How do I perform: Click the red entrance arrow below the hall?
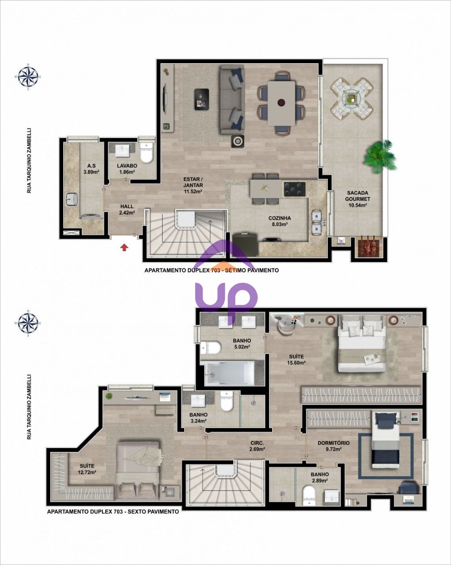pyautogui.click(x=124, y=247)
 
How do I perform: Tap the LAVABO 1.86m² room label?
pyautogui.click(x=127, y=169)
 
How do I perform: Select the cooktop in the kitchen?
pyautogui.click(x=295, y=189)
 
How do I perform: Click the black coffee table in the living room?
pyautogui.click(x=201, y=99)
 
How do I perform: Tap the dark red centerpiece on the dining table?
pyautogui.click(x=281, y=102)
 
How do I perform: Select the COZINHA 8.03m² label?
pyautogui.click(x=279, y=221)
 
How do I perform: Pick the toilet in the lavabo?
pyautogui.click(x=146, y=154)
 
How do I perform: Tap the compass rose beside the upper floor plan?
pyautogui.click(x=28, y=77)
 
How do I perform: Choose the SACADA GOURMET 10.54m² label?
pyautogui.click(x=357, y=199)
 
